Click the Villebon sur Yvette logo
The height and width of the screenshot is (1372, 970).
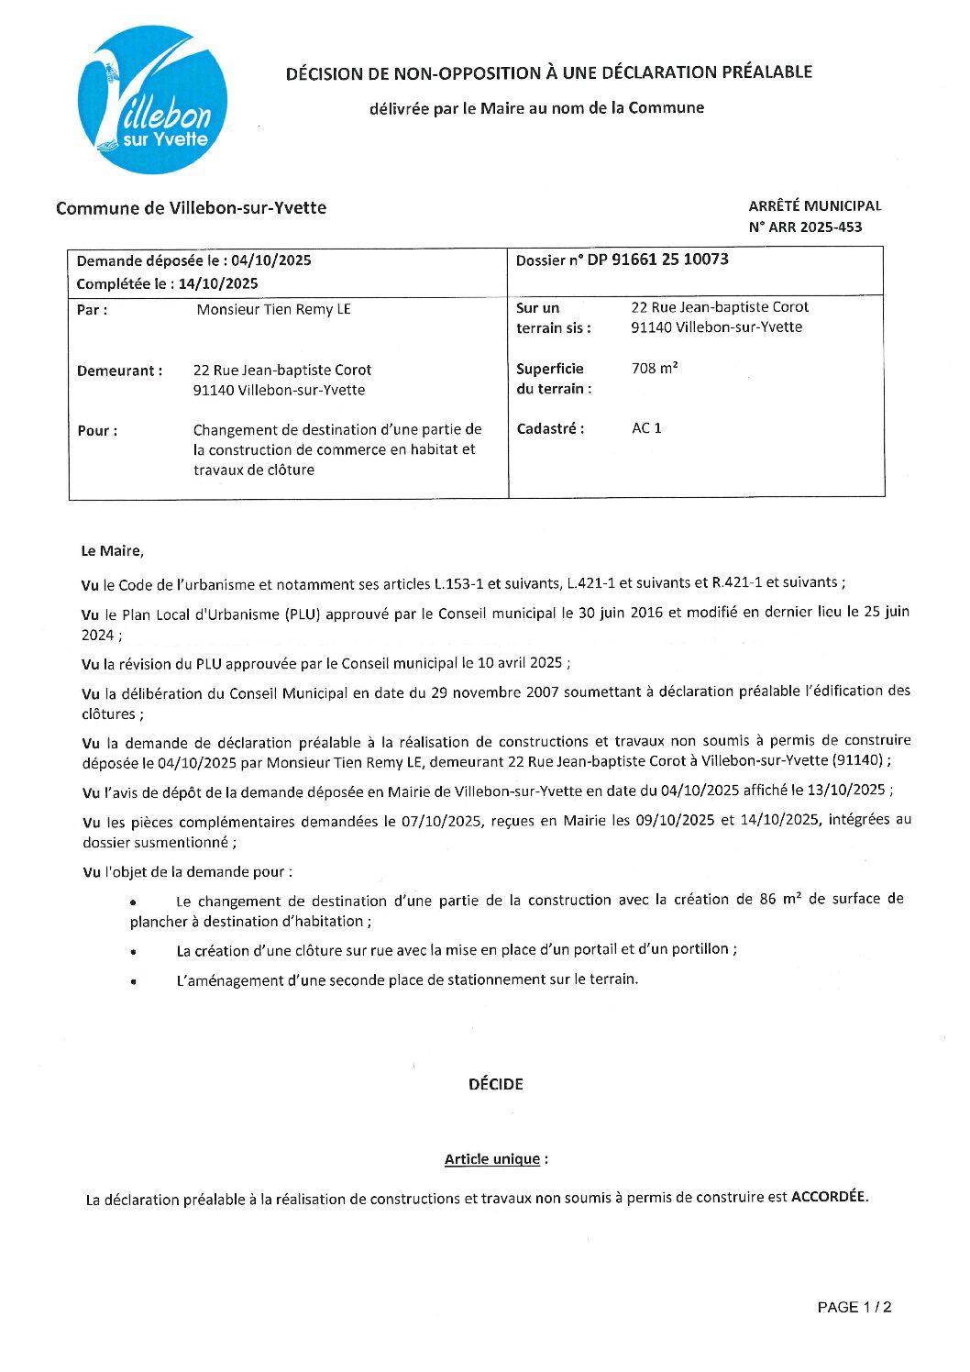pos(152,100)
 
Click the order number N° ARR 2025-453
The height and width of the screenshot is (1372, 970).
pos(805,227)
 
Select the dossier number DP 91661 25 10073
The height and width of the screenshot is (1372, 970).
pos(657,260)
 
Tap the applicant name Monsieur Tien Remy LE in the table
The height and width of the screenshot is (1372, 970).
pos(273,310)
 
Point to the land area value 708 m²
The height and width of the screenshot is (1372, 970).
pos(655,369)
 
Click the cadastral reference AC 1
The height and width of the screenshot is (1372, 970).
pos(646,428)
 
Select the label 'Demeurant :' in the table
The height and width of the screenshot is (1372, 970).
pos(120,371)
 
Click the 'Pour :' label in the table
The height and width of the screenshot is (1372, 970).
pos(97,431)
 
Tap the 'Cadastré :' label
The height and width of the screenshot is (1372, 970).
pos(550,428)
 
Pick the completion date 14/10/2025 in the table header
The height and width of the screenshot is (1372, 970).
pos(218,284)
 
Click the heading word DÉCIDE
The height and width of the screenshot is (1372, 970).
pos(495,1084)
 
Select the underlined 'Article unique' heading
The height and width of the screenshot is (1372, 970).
pos(492,1159)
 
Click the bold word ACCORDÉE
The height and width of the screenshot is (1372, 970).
pos(828,1197)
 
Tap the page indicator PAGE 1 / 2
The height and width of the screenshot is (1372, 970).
pos(854,1308)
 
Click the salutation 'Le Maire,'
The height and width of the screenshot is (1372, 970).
pos(113,551)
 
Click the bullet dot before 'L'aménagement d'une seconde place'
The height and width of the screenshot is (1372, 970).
pos(134,981)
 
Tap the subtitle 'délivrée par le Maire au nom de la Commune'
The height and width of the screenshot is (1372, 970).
pos(536,108)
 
